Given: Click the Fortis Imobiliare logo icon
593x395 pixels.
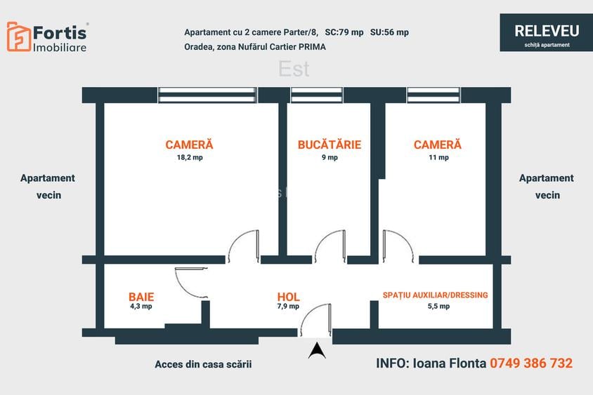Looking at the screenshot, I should tap(19, 36).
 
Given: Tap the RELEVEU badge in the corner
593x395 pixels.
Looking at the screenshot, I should tap(546, 33).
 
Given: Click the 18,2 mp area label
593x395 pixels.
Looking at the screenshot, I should tap(190, 158).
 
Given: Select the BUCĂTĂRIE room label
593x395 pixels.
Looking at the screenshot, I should tap(329, 145).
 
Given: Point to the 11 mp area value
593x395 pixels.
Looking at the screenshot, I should tap(438, 158).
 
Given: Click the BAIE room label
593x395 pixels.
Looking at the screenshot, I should tap(141, 297).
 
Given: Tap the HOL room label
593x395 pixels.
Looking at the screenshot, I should tap(288, 297).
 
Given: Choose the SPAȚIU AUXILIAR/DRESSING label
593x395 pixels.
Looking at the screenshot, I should tap(435, 295).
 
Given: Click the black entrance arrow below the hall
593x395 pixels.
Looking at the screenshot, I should tap(317, 349).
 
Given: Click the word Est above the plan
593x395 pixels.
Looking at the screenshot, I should tap(294, 69).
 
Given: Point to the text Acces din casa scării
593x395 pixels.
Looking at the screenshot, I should tap(202, 364).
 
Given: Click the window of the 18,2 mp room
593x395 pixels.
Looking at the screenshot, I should tap(207, 95).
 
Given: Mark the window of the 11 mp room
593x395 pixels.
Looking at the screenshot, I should tap(434, 95).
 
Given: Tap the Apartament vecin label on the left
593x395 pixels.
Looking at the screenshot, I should tap(48, 187).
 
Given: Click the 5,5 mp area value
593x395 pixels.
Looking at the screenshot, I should tap(438, 307).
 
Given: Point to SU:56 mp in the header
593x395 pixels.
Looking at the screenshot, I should tap(389, 32).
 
